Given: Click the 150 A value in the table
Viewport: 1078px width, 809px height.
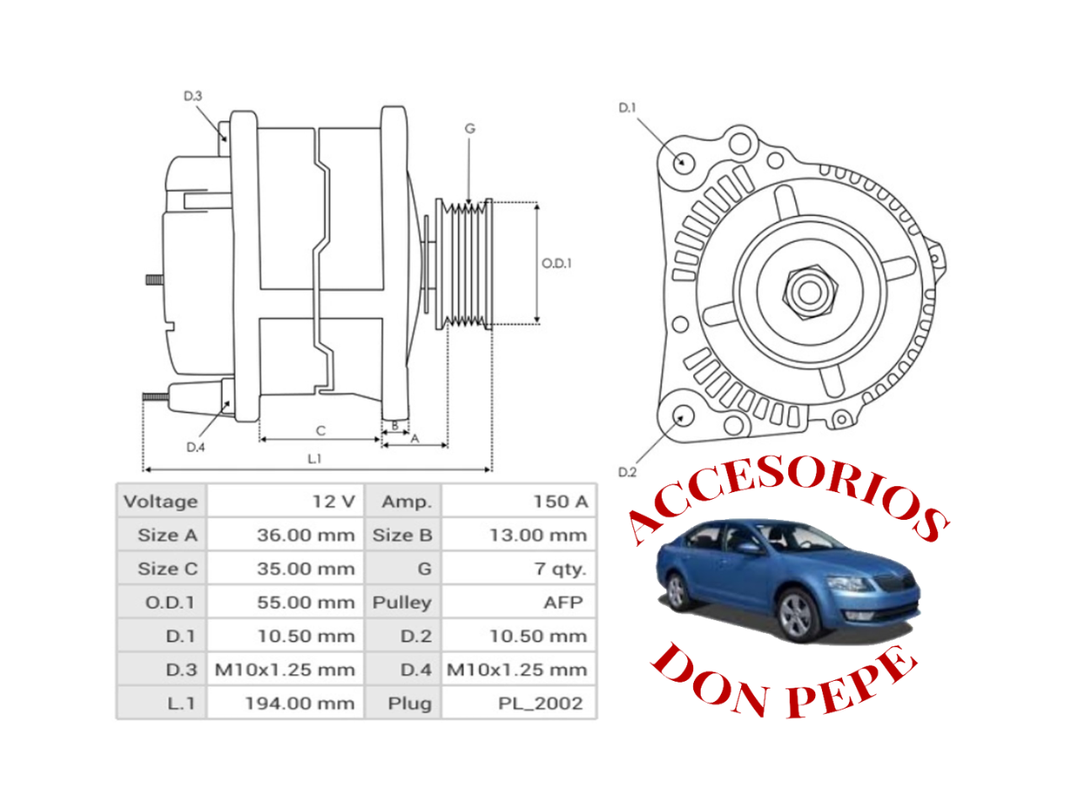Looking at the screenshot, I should click(x=560, y=501).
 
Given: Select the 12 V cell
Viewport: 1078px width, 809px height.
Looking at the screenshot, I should click(x=334, y=501).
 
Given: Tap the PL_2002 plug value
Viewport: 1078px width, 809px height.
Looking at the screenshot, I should click(x=540, y=703).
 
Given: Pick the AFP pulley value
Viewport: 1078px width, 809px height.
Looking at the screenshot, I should click(x=563, y=603).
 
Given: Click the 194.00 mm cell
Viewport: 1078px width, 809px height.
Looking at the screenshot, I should click(x=300, y=703).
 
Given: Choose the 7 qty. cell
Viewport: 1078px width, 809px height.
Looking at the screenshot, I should click(x=559, y=569).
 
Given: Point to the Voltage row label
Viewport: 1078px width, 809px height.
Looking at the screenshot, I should click(x=161, y=501).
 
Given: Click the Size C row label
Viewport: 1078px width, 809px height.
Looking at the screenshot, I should click(x=168, y=569).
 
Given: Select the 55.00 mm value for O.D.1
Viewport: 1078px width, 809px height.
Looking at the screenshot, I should click(x=306, y=603).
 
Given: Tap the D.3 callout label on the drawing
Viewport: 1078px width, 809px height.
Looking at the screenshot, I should click(x=193, y=96).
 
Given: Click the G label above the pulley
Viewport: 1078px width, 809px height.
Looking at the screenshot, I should click(x=470, y=129).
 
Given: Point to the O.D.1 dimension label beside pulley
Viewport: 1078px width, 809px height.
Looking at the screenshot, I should click(x=557, y=263).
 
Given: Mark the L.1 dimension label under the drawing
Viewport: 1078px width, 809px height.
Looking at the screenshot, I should click(x=314, y=459).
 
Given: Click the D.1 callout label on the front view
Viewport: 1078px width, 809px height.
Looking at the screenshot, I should click(x=627, y=108).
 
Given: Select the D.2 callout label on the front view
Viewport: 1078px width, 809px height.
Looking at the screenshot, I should click(x=627, y=472).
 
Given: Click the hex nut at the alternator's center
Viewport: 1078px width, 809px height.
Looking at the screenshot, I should click(x=810, y=292).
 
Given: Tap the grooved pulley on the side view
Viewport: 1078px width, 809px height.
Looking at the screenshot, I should click(x=463, y=263).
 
